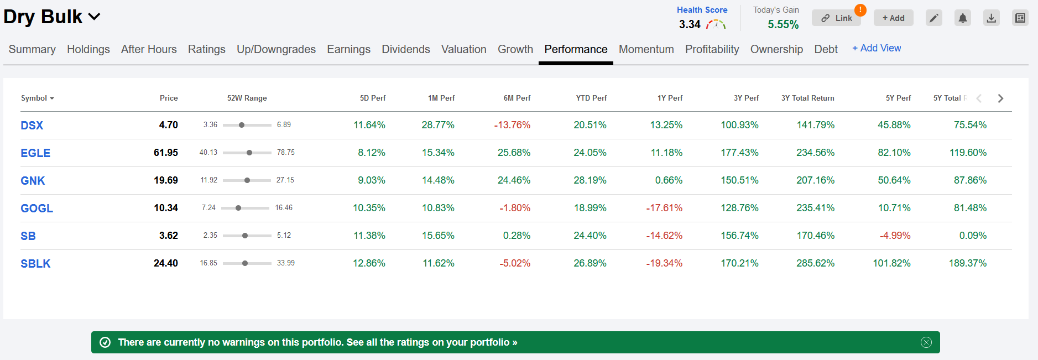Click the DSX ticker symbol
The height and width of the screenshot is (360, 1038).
32,126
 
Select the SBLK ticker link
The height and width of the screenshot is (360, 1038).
35,264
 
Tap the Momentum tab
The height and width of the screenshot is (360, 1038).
646,49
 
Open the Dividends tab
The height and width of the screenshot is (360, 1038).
406,49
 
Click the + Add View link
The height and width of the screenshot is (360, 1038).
877,48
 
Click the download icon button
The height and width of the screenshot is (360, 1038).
992,18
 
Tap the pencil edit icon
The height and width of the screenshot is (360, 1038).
934,18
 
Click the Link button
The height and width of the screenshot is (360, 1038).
836,18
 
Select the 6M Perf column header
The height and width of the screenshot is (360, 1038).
517,98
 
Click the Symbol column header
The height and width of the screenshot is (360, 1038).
37,98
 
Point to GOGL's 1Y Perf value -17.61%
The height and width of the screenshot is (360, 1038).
664,208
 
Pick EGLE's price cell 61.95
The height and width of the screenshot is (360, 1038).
166,153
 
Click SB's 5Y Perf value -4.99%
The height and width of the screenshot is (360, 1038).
895,236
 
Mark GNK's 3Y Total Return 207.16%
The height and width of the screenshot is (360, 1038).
815,180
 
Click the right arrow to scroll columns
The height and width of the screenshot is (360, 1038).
1000,98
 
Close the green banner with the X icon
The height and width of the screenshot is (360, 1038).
926,342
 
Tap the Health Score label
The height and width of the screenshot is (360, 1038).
702,10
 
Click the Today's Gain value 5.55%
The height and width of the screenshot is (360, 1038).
783,24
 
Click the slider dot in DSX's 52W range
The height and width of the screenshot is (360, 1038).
242,125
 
